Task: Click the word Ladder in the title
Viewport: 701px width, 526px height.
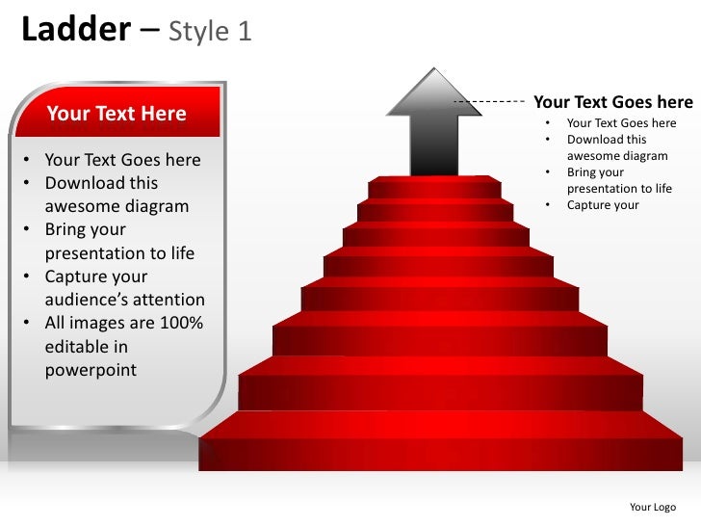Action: click(x=75, y=31)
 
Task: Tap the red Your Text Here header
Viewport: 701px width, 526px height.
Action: click(x=117, y=114)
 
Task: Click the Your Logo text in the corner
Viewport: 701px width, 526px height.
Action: click(x=652, y=507)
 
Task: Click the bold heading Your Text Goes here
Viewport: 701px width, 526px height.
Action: click(x=612, y=102)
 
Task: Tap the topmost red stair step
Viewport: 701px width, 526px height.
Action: click(x=435, y=188)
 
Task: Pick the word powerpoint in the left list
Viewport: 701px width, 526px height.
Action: click(x=91, y=370)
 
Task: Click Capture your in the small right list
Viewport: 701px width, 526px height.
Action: click(x=603, y=205)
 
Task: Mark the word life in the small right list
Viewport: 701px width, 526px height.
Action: click(x=662, y=189)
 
